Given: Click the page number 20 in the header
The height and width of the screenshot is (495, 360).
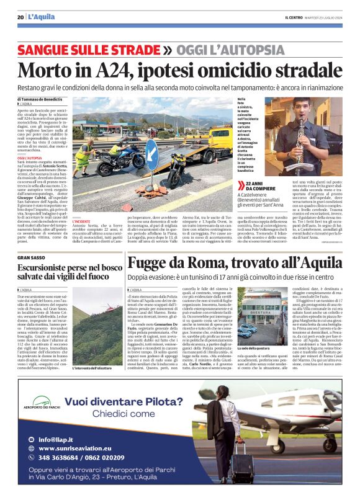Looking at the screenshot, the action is click(20, 17).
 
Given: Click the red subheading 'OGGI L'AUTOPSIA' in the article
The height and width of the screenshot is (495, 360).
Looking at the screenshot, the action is click(30, 158).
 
